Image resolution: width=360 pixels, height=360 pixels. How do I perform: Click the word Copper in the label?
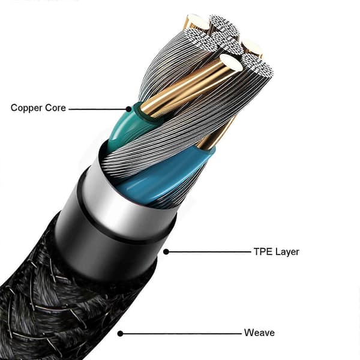pyautogui.click(x=26, y=108)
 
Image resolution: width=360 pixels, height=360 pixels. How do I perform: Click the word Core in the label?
pyautogui.click(x=56, y=107)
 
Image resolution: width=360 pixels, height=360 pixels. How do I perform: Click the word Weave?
pyautogui.click(x=259, y=332)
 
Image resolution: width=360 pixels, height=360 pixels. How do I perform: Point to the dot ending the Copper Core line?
pyautogui.click(x=129, y=109)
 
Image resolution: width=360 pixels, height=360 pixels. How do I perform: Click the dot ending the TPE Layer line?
pyautogui.click(x=166, y=252)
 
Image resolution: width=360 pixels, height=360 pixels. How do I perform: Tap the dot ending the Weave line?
pyautogui.click(x=120, y=334)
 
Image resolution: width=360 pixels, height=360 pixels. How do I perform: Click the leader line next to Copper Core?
pyautogui.click(x=99, y=109)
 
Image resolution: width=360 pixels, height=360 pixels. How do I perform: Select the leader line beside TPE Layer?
pyautogui.click(x=208, y=252)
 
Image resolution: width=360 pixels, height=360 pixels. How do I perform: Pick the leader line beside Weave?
pyautogui.click(x=181, y=334)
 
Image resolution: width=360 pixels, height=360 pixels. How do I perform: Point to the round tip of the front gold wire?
pyautogui.click(x=230, y=62)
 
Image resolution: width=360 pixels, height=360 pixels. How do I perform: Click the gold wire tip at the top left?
pyautogui.click(x=197, y=21)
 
